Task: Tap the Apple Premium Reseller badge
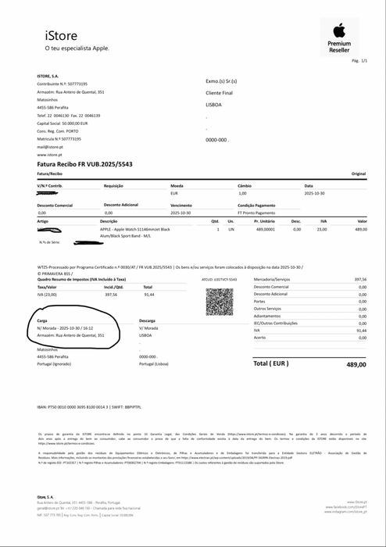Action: click(x=339, y=37)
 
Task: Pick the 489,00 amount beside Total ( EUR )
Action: click(x=357, y=364)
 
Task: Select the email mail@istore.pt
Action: click(x=49, y=147)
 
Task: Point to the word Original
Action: click(x=359, y=173)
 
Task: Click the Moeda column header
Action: click(x=177, y=185)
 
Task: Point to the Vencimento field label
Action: click(x=181, y=205)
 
